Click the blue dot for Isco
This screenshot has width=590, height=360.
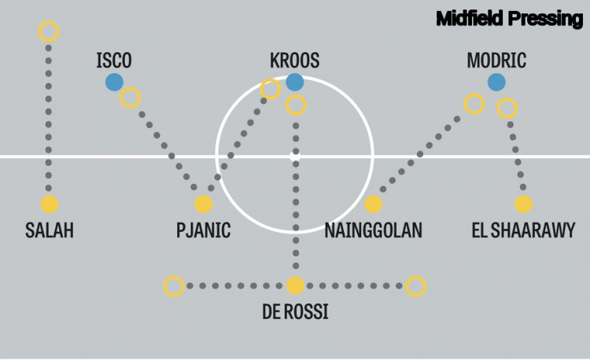pyautogui.click(x=114, y=82)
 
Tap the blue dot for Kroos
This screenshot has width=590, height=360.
pyautogui.click(x=295, y=82)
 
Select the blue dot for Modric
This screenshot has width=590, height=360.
pyautogui.click(x=496, y=82)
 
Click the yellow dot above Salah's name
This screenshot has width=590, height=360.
pyautogui.click(x=50, y=204)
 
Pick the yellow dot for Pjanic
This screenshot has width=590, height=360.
pyautogui.click(x=204, y=204)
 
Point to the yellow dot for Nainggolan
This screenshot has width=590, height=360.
pyautogui.click(x=374, y=204)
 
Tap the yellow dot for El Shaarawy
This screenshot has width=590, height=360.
pyautogui.click(x=524, y=204)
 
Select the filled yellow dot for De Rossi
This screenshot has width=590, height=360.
pyautogui.click(x=295, y=286)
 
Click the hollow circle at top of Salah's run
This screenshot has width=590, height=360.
pyautogui.click(x=49, y=31)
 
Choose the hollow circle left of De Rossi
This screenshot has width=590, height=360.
pyautogui.click(x=174, y=286)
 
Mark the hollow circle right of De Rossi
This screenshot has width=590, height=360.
pyautogui.click(x=416, y=286)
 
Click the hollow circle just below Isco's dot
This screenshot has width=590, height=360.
pyautogui.click(x=131, y=98)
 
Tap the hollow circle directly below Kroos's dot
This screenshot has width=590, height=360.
pyautogui.click(x=296, y=105)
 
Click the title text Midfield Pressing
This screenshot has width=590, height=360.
pyautogui.click(x=509, y=19)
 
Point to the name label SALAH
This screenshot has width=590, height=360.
pyautogui.click(x=50, y=230)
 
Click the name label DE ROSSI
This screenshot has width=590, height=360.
pyautogui.click(x=295, y=312)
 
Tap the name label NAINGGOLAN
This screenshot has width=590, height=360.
pyautogui.click(x=374, y=230)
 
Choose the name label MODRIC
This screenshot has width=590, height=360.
pyautogui.click(x=496, y=61)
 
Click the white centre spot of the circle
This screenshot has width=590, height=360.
pyautogui.click(x=295, y=156)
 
